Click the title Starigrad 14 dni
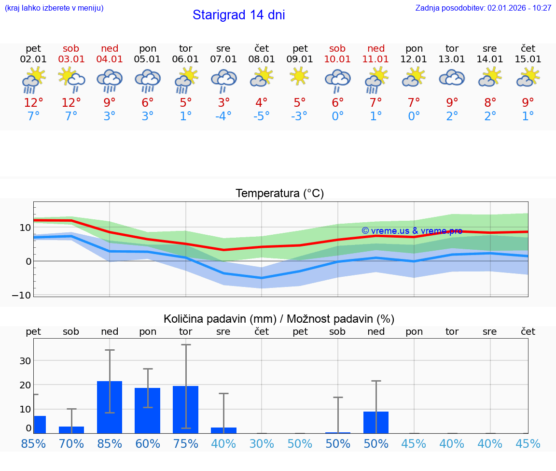(x=238, y=15)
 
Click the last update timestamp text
(x=483, y=8)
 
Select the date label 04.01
(x=110, y=59)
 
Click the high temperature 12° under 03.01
(x=71, y=103)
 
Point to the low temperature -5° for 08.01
(x=262, y=116)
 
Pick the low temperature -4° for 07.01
(x=223, y=116)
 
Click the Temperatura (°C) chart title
(x=279, y=194)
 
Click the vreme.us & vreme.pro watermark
(x=412, y=231)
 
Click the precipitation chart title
(x=279, y=319)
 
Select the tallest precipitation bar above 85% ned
(x=110, y=407)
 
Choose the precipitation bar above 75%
(x=185, y=410)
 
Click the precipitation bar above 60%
(x=147, y=411)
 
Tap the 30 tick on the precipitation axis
(x=26, y=361)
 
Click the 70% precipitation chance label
(x=71, y=443)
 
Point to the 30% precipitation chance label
(x=262, y=443)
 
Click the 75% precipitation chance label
(x=185, y=443)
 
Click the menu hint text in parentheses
(x=54, y=8)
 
